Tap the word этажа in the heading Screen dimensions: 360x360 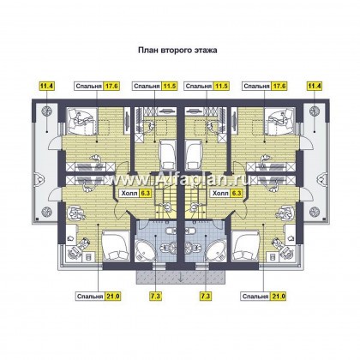[207, 51]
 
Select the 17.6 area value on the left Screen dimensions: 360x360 [111, 86]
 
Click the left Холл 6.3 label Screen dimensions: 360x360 [135, 194]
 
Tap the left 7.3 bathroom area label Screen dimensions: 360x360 [155, 297]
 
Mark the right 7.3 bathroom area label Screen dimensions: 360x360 [206, 297]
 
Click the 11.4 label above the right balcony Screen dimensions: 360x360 [314, 86]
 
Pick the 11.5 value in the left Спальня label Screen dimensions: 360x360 [170, 86]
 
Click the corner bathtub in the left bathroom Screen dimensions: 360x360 [145, 250]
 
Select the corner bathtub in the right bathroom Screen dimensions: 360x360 [216, 250]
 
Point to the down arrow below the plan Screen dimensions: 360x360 [181, 278]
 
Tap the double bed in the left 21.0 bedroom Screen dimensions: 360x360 [114, 246]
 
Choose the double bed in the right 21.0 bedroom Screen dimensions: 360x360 [245, 246]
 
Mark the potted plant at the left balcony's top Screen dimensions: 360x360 [46, 111]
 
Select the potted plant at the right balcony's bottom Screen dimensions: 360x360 [315, 212]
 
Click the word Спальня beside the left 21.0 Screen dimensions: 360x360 [90, 297]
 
